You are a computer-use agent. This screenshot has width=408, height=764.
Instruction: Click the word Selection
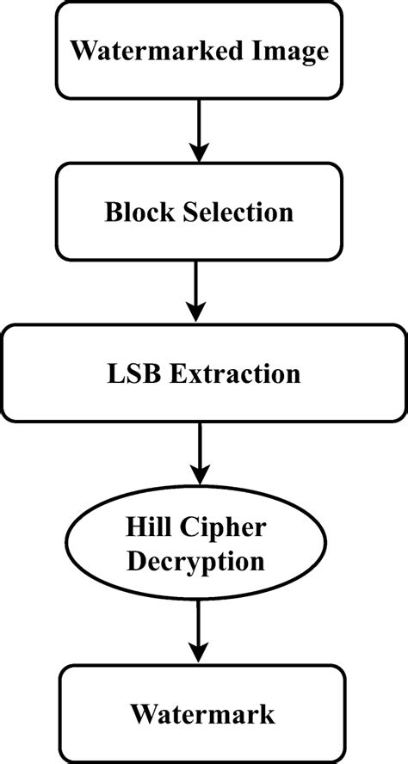tap(237, 212)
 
